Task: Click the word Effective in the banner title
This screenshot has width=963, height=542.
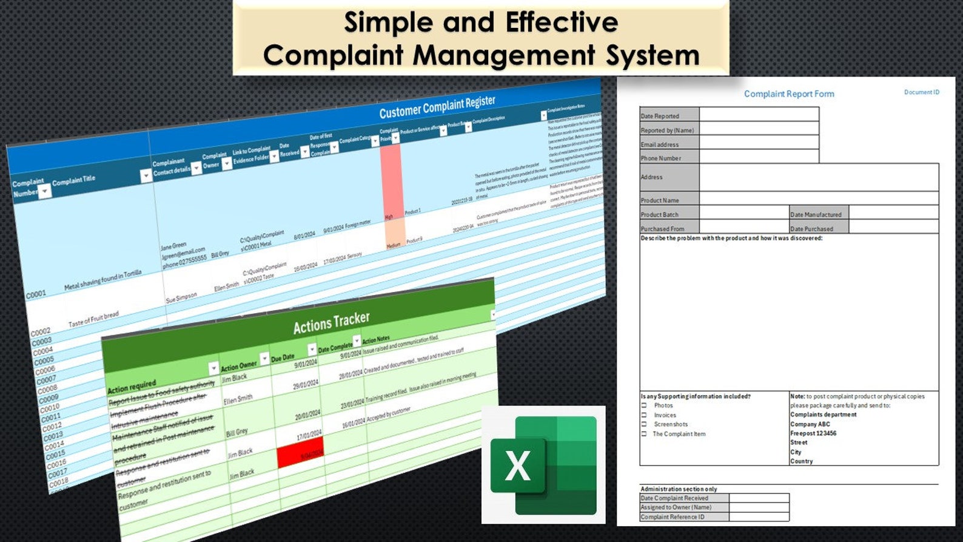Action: click(x=562, y=23)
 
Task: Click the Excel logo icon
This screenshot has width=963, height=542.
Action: click(x=543, y=465)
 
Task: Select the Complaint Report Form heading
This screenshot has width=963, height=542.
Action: click(x=789, y=94)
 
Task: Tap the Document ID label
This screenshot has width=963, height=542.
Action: click(x=921, y=92)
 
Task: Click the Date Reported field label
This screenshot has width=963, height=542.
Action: click(x=660, y=116)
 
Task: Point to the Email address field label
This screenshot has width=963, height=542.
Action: click(x=660, y=144)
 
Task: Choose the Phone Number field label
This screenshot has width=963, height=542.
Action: click(x=661, y=158)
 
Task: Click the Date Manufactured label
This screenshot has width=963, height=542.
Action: click(x=816, y=215)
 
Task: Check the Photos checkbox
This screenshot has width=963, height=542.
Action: click(x=644, y=405)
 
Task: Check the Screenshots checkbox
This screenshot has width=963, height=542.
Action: click(x=644, y=424)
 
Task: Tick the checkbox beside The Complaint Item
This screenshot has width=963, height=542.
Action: click(x=644, y=434)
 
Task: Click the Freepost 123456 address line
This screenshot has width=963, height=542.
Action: click(x=813, y=433)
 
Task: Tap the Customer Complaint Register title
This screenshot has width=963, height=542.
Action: click(x=437, y=107)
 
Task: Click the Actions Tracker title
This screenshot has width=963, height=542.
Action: click(x=331, y=323)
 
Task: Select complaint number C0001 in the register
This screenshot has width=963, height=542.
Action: click(x=36, y=294)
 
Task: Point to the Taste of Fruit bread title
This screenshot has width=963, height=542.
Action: click(x=93, y=319)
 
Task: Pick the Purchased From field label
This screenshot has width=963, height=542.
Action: click(x=662, y=229)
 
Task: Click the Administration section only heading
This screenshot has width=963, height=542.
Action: click(x=679, y=489)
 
